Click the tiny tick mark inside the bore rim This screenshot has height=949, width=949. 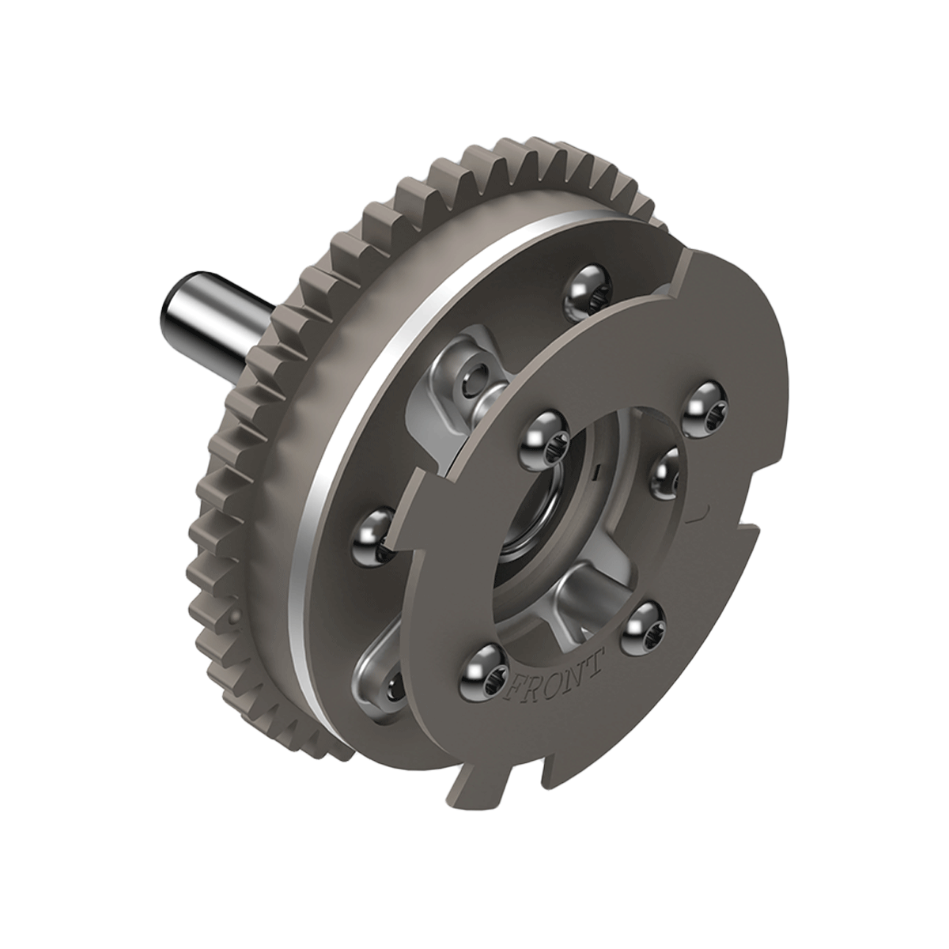(x=598, y=472)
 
